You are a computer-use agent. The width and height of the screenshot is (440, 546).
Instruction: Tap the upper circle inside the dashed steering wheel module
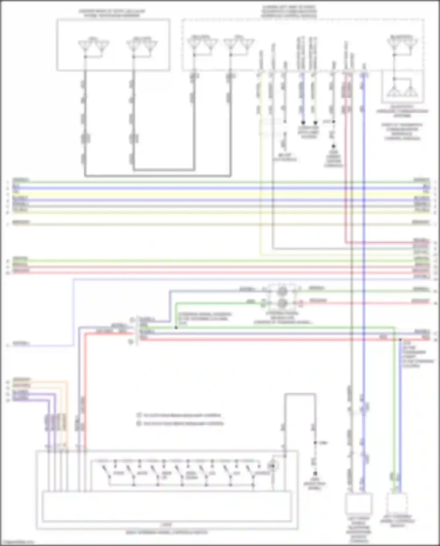click(x=282, y=291)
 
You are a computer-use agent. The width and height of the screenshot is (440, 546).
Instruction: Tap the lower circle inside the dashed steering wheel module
click(x=282, y=303)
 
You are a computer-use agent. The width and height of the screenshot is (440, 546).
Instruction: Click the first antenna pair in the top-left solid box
click(x=93, y=46)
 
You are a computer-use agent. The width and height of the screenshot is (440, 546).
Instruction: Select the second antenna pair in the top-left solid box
click(x=142, y=46)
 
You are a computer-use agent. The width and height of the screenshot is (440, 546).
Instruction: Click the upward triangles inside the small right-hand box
click(x=402, y=91)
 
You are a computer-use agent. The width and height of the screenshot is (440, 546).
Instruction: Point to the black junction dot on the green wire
click(x=176, y=327)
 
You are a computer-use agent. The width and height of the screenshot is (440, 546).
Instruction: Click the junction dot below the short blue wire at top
click(x=303, y=122)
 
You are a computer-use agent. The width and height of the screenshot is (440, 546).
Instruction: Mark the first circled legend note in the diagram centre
click(x=139, y=415)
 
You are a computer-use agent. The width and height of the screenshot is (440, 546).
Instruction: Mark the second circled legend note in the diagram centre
click(x=139, y=423)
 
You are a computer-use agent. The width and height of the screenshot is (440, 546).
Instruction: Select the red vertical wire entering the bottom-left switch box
click(x=85, y=411)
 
